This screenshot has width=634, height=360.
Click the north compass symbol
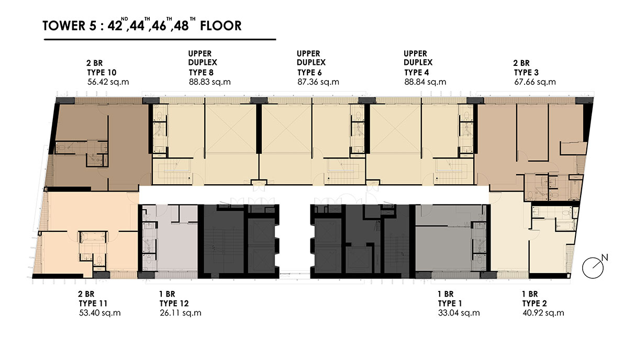(x=593, y=267)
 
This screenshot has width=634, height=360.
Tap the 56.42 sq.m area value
(x=108, y=82)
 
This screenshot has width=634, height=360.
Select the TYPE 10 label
(x=102, y=72)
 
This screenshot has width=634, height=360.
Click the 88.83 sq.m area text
(x=210, y=82)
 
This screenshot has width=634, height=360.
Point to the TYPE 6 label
(x=309, y=72)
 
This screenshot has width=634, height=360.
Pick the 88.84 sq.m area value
(x=425, y=82)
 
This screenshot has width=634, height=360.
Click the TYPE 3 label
(x=527, y=72)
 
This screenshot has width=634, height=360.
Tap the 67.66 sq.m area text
(x=535, y=82)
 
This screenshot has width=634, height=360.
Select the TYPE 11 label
(x=93, y=303)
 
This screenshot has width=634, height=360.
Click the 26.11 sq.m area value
(x=181, y=313)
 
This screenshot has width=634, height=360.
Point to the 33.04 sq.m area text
(x=459, y=313)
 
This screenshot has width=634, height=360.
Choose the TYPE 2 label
(x=535, y=303)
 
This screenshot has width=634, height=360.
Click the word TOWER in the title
(x=64, y=26)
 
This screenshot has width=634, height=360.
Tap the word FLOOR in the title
(x=221, y=26)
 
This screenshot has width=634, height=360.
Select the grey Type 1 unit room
(x=443, y=249)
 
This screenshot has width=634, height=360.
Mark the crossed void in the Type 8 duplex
(x=231, y=129)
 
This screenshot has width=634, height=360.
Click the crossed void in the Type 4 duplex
(x=395, y=129)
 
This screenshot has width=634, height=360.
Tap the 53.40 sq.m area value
(x=100, y=313)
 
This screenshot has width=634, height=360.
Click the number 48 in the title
(x=182, y=26)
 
